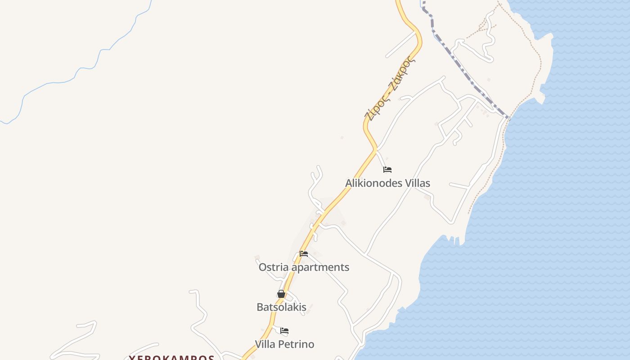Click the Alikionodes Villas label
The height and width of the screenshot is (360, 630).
coord(387,183)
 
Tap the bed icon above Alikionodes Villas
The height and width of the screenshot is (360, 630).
coord(387,170)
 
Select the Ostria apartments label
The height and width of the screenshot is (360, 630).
coord(304,267)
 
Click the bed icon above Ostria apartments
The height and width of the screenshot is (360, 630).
coord(304,254)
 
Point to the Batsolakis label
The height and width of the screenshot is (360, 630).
coord(281,307)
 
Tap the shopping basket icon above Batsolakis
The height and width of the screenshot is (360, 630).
coord(281,294)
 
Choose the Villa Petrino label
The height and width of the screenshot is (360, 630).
coord(284,344)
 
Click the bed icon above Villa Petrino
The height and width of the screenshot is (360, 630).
coord(284,331)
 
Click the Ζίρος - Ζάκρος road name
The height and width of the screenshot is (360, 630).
coord(390,89)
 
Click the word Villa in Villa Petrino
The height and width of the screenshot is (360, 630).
coord(265,344)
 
